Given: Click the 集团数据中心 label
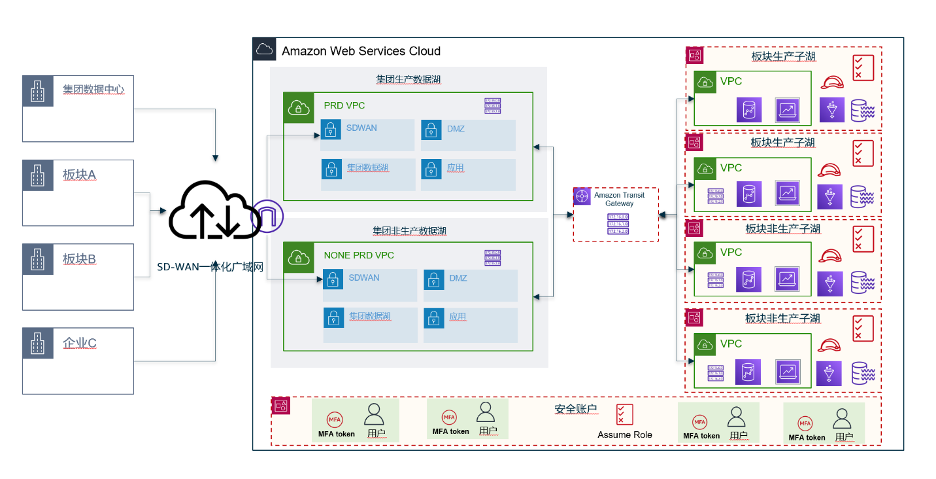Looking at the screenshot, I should [93, 90].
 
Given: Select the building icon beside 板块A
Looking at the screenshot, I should [37, 175].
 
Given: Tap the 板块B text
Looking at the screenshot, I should [80, 260].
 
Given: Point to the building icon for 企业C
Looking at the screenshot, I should [37, 344].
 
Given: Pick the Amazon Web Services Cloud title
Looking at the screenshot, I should [361, 51].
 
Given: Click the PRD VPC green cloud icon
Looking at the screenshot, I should [298, 107].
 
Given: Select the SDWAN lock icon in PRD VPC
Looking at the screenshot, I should [331, 129].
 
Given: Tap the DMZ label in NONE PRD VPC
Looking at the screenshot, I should [458, 278].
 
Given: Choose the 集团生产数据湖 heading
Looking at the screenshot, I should [408, 80].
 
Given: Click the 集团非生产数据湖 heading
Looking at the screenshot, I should [409, 231].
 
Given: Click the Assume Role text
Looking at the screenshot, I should [624, 435].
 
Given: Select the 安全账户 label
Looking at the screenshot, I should [576, 409].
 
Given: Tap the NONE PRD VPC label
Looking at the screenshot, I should [359, 255].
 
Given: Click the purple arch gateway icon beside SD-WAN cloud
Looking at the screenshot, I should [267, 216].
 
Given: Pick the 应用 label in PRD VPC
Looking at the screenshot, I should [456, 168].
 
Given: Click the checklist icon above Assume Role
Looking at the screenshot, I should [624, 414].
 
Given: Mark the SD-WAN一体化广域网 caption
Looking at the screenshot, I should [210, 267].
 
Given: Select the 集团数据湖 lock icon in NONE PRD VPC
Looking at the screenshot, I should [333, 318].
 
